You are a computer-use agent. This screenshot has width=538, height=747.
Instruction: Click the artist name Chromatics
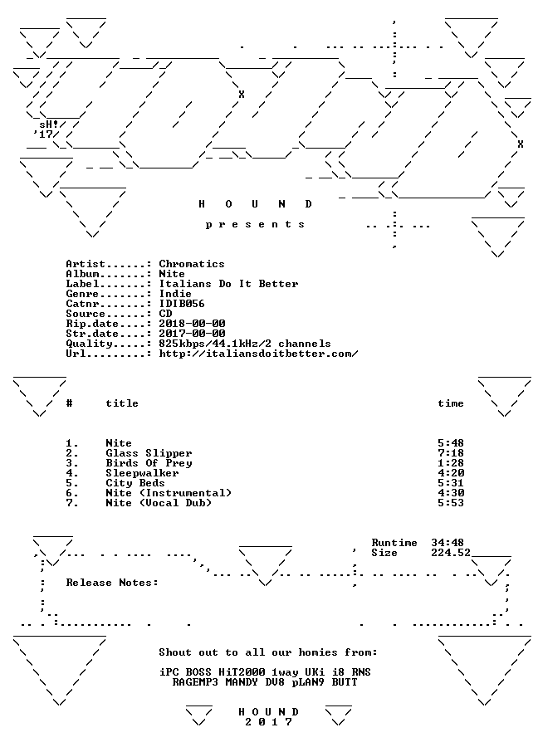pos(192,264)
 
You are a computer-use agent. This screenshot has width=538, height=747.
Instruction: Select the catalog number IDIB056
pos(182,304)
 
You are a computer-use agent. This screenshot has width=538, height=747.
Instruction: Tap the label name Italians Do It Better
pos(229,284)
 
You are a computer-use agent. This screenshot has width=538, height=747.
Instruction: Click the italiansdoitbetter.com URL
pos(258,354)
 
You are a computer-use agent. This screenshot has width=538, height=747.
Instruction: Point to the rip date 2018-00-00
pos(192,324)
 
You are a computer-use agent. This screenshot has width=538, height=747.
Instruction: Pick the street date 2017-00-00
pos(192,334)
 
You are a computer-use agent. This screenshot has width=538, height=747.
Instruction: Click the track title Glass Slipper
pos(149,453)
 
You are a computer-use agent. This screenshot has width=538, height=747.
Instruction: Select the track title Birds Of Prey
pos(149,463)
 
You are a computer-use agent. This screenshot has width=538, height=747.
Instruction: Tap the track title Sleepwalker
pos(142,474)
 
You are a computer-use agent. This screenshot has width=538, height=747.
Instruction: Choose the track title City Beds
pos(135,483)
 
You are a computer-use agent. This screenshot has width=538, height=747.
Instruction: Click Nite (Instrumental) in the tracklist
pos(169,493)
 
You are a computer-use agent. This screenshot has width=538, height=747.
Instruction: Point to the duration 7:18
pos(451,453)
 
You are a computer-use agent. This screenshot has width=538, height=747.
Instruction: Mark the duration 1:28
pos(451,463)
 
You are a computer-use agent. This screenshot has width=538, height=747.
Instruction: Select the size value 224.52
pos(451,553)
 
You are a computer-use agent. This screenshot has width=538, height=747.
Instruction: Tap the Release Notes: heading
pos(112,583)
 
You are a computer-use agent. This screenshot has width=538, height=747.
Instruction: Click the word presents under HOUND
pos(255,224)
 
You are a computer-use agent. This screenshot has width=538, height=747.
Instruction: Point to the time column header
pos(451,403)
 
